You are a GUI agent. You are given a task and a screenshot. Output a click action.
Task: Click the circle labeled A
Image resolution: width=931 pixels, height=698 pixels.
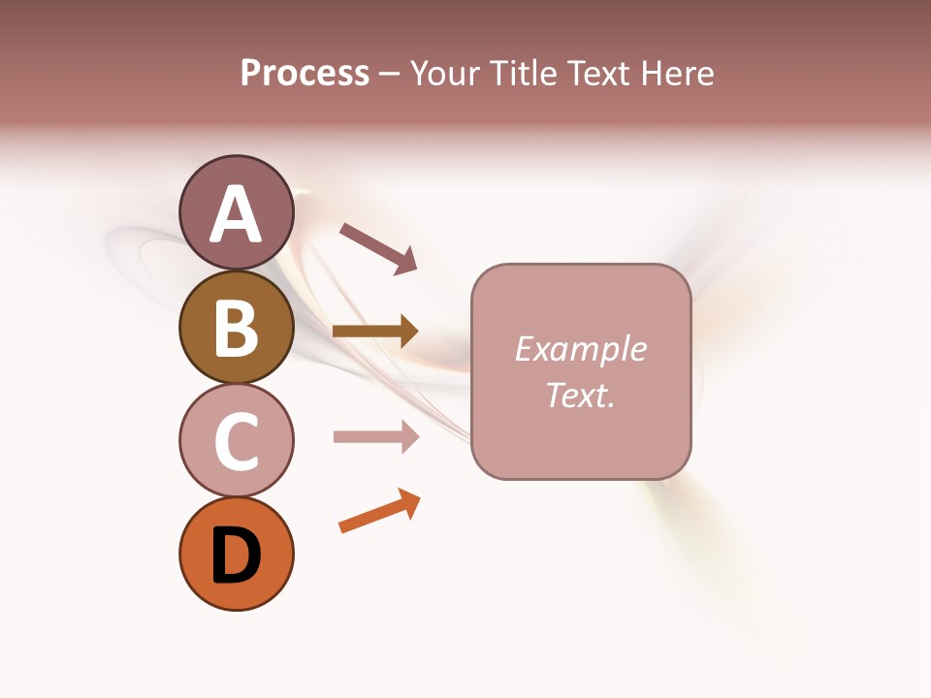(x=236, y=212)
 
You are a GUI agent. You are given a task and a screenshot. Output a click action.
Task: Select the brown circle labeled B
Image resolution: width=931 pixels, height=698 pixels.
(x=236, y=327)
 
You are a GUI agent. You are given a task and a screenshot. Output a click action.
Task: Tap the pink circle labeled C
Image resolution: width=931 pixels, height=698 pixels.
(x=236, y=440)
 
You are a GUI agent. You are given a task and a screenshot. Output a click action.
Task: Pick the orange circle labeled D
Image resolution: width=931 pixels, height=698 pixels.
(x=236, y=554)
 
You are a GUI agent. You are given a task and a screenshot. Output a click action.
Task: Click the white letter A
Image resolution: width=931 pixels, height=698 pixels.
(x=236, y=214)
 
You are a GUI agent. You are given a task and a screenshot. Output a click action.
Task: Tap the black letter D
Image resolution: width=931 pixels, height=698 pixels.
(x=236, y=555)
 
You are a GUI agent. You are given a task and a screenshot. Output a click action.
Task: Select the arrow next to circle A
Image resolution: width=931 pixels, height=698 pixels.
(x=378, y=247)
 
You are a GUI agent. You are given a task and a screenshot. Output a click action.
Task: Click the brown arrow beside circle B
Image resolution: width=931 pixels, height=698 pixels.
(x=375, y=332)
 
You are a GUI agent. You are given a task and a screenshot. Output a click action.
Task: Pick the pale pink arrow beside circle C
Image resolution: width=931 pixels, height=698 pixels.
(x=375, y=436)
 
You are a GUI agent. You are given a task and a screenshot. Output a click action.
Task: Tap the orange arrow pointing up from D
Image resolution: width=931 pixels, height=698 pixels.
(x=379, y=511)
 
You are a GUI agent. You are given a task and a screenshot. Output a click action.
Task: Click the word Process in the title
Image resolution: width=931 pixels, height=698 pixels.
(x=305, y=74)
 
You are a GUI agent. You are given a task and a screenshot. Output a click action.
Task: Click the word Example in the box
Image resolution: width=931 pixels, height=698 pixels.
(x=580, y=349)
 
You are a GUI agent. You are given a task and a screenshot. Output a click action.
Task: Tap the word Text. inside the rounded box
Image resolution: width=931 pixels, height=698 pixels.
(x=580, y=395)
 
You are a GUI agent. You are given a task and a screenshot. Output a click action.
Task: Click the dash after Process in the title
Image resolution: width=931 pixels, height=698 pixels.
(x=390, y=75)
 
